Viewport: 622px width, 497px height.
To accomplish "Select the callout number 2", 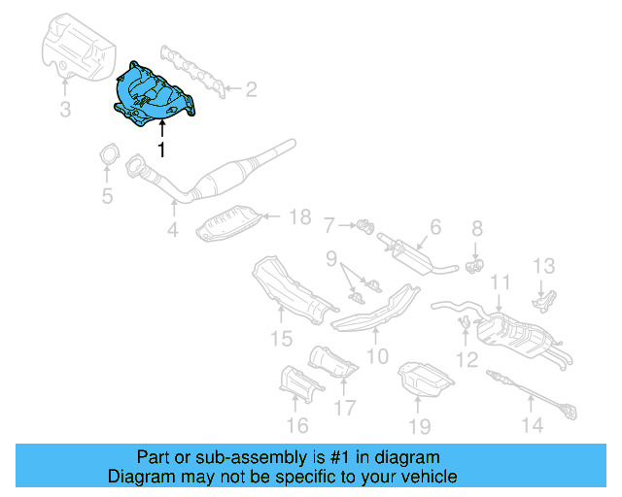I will point(251,90).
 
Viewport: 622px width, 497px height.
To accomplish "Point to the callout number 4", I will point(172,230).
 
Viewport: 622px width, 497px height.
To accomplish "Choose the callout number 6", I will point(434,227).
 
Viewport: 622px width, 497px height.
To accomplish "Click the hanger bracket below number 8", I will point(475,262).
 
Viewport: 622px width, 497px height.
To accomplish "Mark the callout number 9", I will point(331,259).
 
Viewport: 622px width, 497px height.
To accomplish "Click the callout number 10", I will point(377,355).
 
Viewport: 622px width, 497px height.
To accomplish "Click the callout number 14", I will point(531,424).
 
